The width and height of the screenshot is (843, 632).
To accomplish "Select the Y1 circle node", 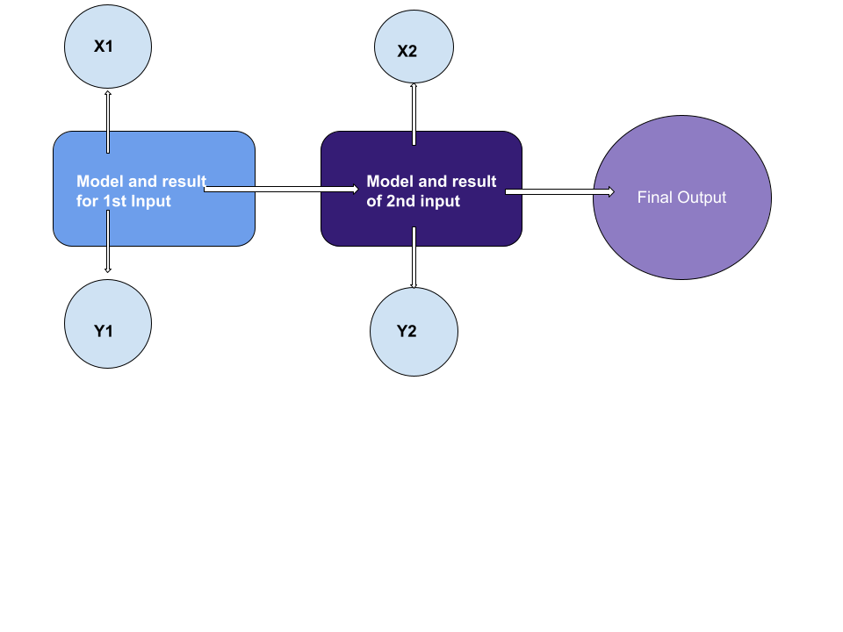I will coord(108,324).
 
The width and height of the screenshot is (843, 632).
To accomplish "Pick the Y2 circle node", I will coord(414,332).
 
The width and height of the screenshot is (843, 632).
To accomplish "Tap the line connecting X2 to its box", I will coord(414,114).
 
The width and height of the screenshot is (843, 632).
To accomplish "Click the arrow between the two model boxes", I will coord(281,189).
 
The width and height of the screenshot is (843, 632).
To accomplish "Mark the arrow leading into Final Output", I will coord(558,192).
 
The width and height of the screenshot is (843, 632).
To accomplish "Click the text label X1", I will coord(104,47).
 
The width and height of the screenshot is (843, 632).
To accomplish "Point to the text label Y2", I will coord(407,332).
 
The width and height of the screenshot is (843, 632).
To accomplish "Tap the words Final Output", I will coord(681,197).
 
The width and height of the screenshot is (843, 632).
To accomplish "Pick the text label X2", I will coord(407,52).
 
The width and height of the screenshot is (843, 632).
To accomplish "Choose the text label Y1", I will coord(104,332).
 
